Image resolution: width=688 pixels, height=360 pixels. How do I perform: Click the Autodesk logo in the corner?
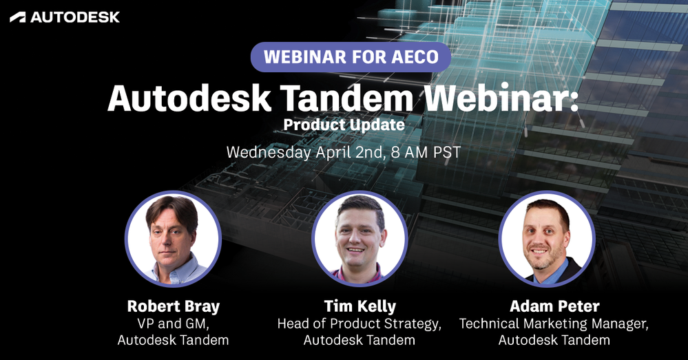tap(65, 17)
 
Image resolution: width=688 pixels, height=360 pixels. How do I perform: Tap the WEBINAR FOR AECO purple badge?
tap(351, 57)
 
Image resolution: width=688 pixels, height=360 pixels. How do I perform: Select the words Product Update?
tap(344, 125)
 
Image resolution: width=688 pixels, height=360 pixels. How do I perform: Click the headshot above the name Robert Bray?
tap(173, 239)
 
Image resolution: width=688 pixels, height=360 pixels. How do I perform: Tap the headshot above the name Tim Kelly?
tap(359, 239)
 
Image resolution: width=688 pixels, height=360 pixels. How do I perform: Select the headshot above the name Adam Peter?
tap(547, 239)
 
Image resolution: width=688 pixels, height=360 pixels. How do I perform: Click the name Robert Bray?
tap(174, 306)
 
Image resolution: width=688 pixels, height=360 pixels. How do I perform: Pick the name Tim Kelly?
tap(359, 306)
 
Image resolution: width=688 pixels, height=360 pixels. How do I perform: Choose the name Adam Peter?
tap(554, 306)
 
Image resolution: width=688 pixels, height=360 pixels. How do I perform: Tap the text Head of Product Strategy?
tap(359, 324)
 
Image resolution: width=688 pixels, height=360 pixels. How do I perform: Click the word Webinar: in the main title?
tap(501, 98)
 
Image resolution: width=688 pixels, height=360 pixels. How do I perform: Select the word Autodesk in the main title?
tap(189, 98)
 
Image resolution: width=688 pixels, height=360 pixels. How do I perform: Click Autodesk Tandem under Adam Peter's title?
tap(554, 340)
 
